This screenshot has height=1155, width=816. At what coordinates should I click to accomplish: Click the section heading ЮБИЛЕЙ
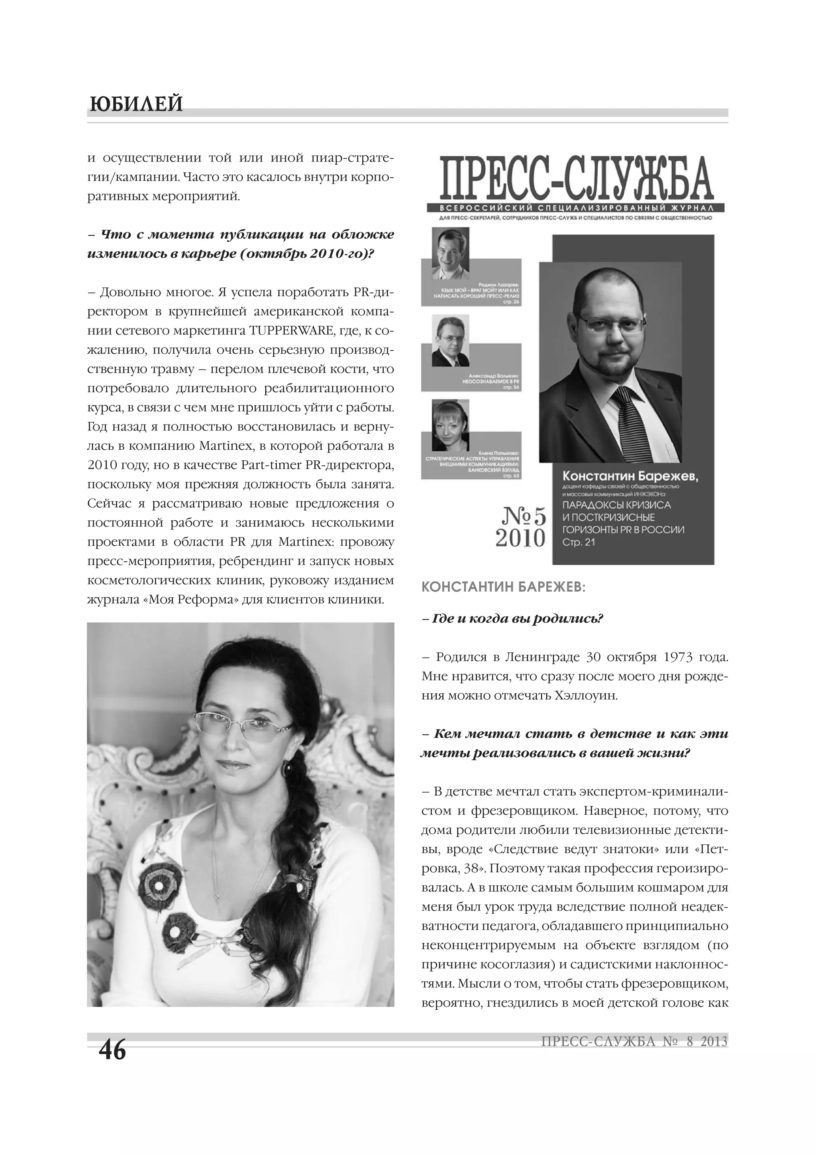point(136,104)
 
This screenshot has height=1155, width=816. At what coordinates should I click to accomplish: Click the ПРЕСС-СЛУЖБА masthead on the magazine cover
point(576,179)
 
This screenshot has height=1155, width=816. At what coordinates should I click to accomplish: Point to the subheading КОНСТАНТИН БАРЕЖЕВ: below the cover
point(503,588)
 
